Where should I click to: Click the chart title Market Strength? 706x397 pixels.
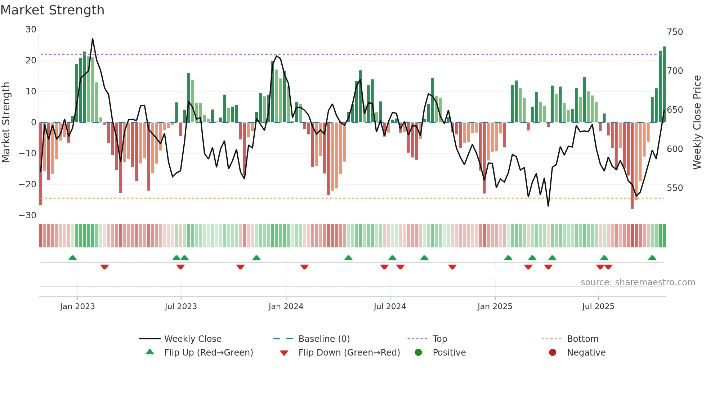pyautogui.click(x=52, y=10)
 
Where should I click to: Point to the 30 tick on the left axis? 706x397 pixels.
pyautogui.click(x=31, y=30)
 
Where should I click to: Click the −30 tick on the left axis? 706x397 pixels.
pyautogui.click(x=28, y=215)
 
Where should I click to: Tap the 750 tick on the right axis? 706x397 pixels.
pyautogui.click(x=675, y=32)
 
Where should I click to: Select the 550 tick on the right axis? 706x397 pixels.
pyautogui.click(x=675, y=188)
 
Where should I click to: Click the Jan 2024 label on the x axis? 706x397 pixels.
pyautogui.click(x=286, y=307)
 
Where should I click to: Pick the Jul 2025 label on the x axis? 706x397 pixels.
pyautogui.click(x=598, y=307)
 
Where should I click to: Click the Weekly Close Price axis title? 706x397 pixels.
pyautogui.click(x=697, y=122)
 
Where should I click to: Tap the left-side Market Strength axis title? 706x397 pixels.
pyautogui.click(x=6, y=122)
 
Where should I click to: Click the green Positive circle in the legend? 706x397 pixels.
pyautogui.click(x=418, y=352)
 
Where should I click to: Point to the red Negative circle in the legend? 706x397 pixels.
pyautogui.click(x=553, y=352)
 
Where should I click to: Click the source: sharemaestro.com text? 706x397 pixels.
pyautogui.click(x=638, y=282)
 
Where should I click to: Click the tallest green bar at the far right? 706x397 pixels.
pyautogui.click(x=664, y=85)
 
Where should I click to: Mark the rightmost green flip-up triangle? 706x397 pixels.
pyautogui.click(x=652, y=258)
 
